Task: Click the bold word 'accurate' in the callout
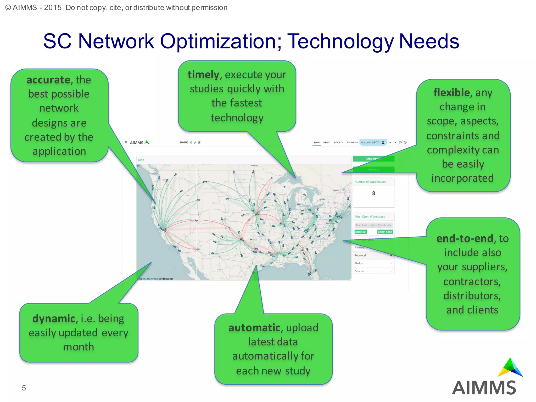point(48,80)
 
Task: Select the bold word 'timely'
point(203,75)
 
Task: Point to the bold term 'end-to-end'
point(465,238)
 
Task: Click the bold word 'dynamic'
point(54,319)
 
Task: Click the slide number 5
point(24,388)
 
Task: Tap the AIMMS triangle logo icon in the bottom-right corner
point(510,368)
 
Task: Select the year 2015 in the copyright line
point(53,8)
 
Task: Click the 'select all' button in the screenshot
point(361,232)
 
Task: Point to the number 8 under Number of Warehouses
point(373,193)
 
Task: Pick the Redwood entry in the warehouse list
point(360,255)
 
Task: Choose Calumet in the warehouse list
point(359,271)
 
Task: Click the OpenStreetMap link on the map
point(148,279)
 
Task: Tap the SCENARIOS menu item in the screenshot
point(352,143)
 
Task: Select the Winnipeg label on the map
point(254,165)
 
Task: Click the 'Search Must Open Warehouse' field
point(373,225)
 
